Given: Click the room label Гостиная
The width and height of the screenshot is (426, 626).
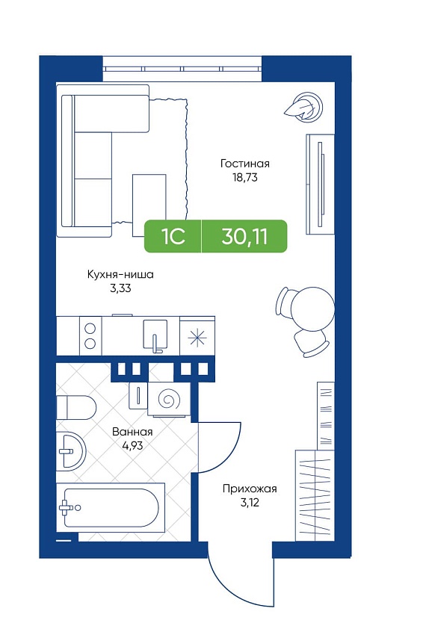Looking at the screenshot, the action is coord(244,164).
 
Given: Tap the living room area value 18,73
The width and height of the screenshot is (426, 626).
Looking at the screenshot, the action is coord(245,177).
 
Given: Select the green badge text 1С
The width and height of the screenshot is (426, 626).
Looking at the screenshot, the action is coord(173,236).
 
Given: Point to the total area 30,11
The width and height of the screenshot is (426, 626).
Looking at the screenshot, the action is coord(244,236).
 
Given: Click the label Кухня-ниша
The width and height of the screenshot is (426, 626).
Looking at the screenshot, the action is coord(120,275).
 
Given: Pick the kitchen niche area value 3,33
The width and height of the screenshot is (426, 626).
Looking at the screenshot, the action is coord(120,288).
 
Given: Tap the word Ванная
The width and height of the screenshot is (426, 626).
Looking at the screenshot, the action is coord(132,432).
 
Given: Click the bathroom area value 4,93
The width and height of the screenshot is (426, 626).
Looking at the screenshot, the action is coord(132,445).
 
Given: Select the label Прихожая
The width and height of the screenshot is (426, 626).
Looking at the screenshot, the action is coord(250,489).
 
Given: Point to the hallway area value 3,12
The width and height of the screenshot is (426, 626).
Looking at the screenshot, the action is coord(250,502).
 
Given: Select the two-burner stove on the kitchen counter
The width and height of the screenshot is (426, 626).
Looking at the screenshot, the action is coord(90,335).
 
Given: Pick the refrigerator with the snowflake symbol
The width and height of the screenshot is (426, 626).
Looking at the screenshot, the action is coord(197,335).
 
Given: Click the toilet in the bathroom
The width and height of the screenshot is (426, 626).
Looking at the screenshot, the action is coord(75,407).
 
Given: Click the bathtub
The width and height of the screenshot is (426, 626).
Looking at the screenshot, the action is coord(111,507).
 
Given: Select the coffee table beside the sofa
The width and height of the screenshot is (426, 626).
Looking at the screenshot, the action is coord(149,205).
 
